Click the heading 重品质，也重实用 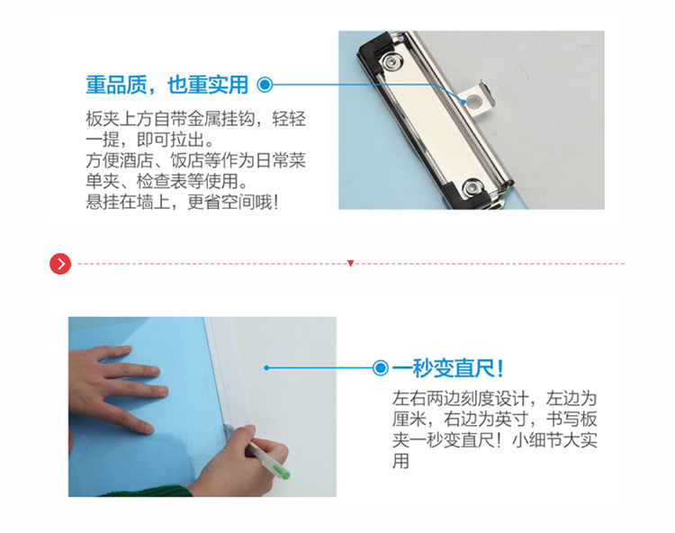coord(167,85)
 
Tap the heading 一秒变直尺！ coord(448,368)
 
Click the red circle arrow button coord(60,264)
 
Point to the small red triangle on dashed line coord(350,263)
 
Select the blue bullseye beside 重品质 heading coord(265,85)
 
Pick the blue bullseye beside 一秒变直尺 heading coord(380,368)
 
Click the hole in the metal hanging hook coord(474,102)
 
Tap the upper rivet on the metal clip coord(391,61)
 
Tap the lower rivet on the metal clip coord(472,188)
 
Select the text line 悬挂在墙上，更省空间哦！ coord(182,202)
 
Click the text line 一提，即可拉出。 coord(150,139)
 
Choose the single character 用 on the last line coord(400,461)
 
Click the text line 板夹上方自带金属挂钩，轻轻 coord(196,119)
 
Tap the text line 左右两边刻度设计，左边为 coord(495,398)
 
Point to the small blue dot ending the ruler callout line coord(266,367)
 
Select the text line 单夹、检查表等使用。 coord(167,181)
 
